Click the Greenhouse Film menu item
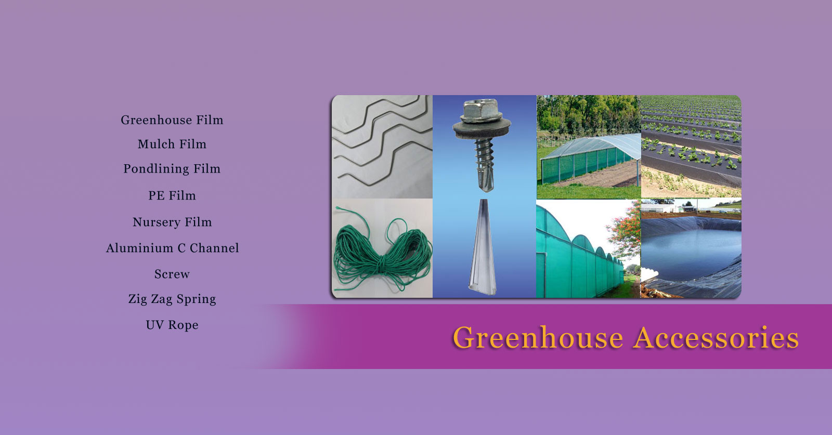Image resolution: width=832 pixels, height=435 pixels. pos(172,120)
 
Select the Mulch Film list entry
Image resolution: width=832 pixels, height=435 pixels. pos(172,144)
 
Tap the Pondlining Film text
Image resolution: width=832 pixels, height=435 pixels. pos(172,169)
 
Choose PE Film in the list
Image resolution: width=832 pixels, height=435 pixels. pos(172,196)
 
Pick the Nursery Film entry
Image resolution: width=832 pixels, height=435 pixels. pos(172,222)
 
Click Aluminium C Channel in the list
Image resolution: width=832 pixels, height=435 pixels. pos(172,248)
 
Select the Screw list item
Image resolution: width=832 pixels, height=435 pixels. pos(172,274)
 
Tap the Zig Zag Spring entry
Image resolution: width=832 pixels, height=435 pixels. pos(172,299)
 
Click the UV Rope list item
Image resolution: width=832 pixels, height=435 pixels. pos(172,325)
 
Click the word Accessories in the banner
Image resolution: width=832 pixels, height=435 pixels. pos(716,338)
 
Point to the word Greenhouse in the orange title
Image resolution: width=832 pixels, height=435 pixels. pos(538,338)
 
